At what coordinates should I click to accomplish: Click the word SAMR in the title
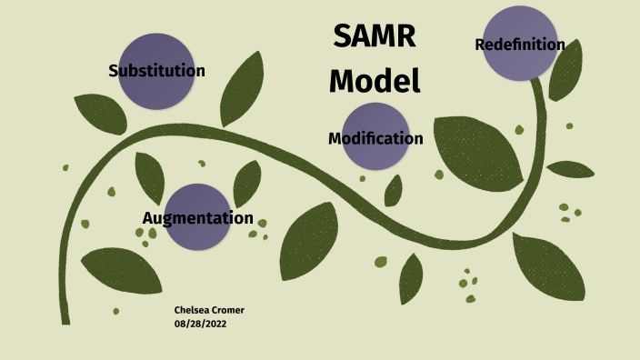(x=375, y=36)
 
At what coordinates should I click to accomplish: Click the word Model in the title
(x=375, y=80)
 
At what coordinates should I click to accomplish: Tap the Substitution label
(x=156, y=71)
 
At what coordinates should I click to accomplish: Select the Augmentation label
(x=197, y=218)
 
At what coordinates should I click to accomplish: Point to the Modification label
(x=375, y=139)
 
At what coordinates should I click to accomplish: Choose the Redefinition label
(x=520, y=45)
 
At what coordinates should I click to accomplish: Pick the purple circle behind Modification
(x=375, y=156)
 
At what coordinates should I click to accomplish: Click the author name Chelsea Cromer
(x=209, y=310)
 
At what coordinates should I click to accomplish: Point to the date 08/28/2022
(x=200, y=324)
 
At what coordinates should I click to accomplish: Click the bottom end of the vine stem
(x=65, y=318)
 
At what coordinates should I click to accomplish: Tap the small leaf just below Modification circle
(x=394, y=191)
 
